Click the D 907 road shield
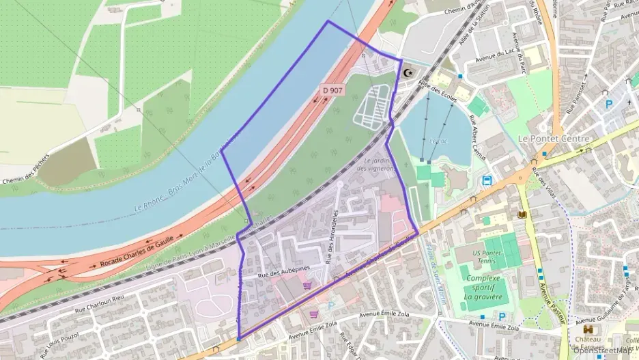[333, 89]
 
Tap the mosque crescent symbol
[409, 72]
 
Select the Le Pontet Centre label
[553, 138]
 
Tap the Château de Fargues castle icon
[589, 330]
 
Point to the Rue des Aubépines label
[283, 271]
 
